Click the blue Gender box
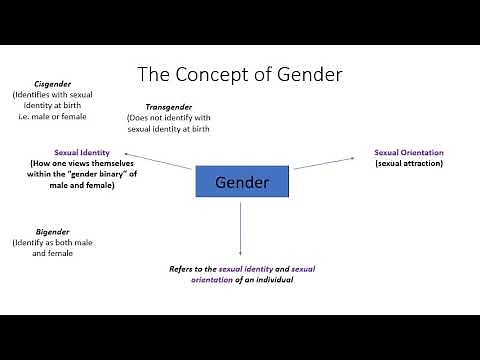[x=240, y=182]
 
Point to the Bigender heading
[x=39, y=231]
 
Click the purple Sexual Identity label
[x=82, y=152]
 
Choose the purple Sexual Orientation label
[x=409, y=152]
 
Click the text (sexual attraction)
[x=409, y=162]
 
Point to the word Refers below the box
[x=184, y=270]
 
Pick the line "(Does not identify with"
[x=169, y=117]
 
